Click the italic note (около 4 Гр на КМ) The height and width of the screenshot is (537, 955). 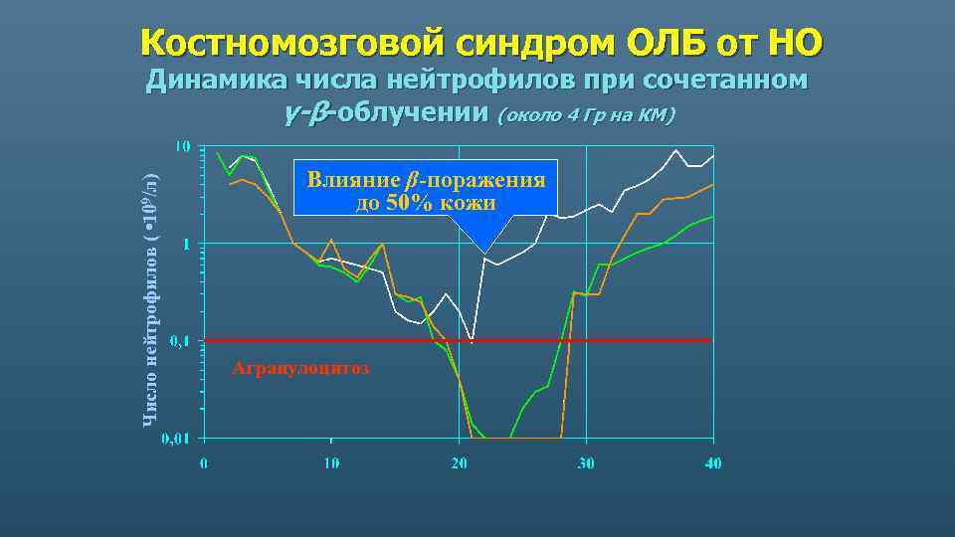[586, 115]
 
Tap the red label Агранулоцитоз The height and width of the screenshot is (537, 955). [299, 369]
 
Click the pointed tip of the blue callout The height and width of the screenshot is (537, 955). [483, 251]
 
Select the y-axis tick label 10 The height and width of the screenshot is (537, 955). [183, 147]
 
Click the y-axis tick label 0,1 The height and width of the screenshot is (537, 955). [180, 341]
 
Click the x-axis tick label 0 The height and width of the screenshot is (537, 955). [204, 462]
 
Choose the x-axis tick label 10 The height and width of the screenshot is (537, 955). [330, 462]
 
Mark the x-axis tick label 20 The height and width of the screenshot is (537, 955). [459, 462]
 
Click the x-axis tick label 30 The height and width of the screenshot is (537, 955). [586, 462]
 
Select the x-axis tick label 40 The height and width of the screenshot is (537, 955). [713, 462]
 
